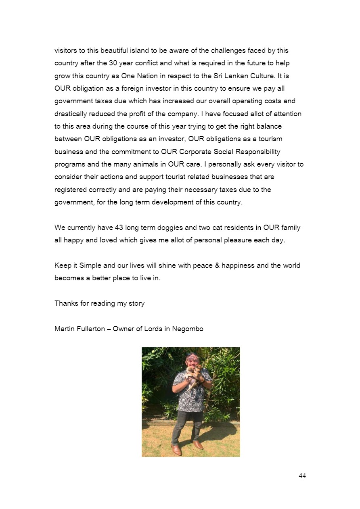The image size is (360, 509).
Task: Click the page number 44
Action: [302, 476]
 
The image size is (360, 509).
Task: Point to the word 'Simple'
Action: [90, 265]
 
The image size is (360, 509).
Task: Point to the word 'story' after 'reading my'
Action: [136, 303]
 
